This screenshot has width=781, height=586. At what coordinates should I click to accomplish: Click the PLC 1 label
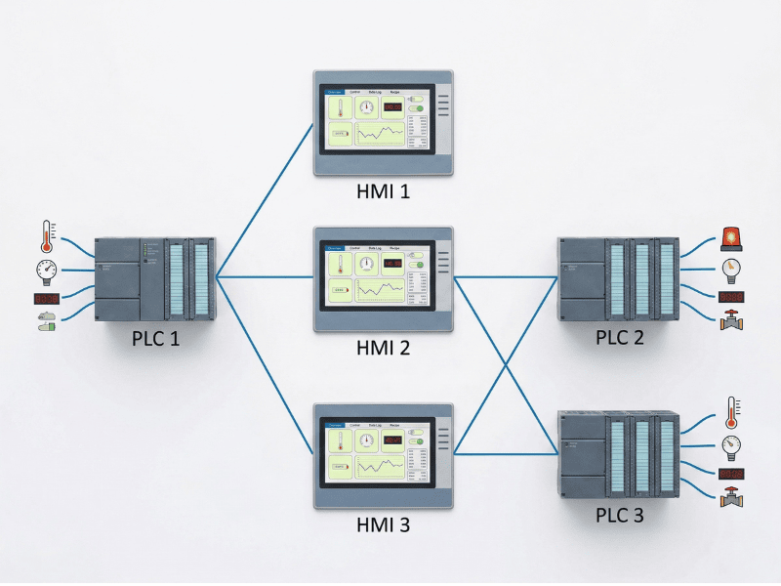click(x=156, y=338)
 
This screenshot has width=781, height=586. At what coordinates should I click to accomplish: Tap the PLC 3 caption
click(x=621, y=514)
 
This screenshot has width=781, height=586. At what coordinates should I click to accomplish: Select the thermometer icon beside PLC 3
click(x=729, y=413)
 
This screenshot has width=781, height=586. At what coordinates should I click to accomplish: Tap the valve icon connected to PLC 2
click(x=729, y=320)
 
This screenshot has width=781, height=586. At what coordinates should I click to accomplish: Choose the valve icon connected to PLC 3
click(x=729, y=498)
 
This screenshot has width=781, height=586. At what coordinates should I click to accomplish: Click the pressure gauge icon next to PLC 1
click(x=45, y=269)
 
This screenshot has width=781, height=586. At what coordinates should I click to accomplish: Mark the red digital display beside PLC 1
click(x=46, y=298)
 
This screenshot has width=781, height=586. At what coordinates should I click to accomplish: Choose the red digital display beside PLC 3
click(x=730, y=474)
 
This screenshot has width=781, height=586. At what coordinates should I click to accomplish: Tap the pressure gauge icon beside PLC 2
click(x=729, y=269)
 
